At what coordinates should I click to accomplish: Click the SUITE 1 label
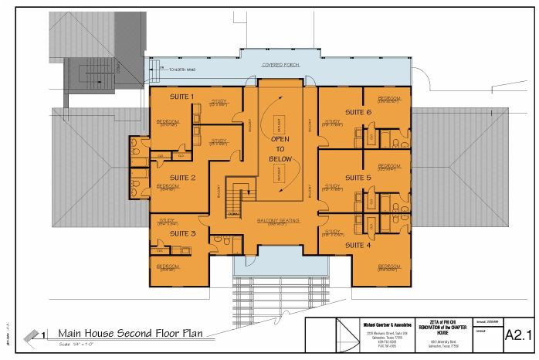[x=181, y=97]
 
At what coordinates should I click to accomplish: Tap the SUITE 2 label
[x=182, y=178]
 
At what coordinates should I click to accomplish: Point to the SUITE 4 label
[x=358, y=245]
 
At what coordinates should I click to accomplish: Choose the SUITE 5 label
[x=358, y=178]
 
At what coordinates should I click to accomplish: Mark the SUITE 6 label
[x=358, y=113]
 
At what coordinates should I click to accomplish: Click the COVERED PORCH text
[x=280, y=66]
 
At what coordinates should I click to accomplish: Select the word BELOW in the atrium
[x=278, y=158]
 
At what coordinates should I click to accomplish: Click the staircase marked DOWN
[x=238, y=198]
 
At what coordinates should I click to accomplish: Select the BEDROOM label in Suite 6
[x=388, y=99]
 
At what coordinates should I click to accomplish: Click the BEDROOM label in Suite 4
[x=388, y=267]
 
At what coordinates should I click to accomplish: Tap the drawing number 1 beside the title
[x=46, y=334]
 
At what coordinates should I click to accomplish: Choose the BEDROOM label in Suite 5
[x=388, y=166]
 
